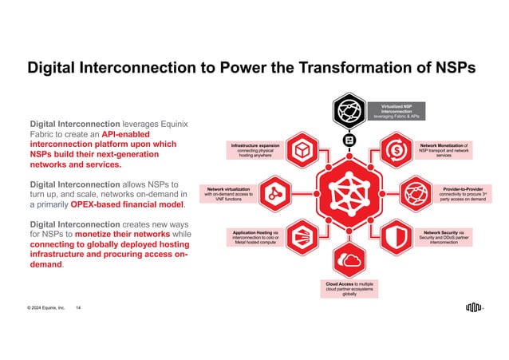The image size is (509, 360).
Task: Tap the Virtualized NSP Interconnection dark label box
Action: [x=397, y=110]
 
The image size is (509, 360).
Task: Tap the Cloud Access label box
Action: [x=349, y=288]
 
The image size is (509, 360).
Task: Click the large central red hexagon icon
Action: [x=349, y=194]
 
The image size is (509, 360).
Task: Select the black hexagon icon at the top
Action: [x=349, y=110]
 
